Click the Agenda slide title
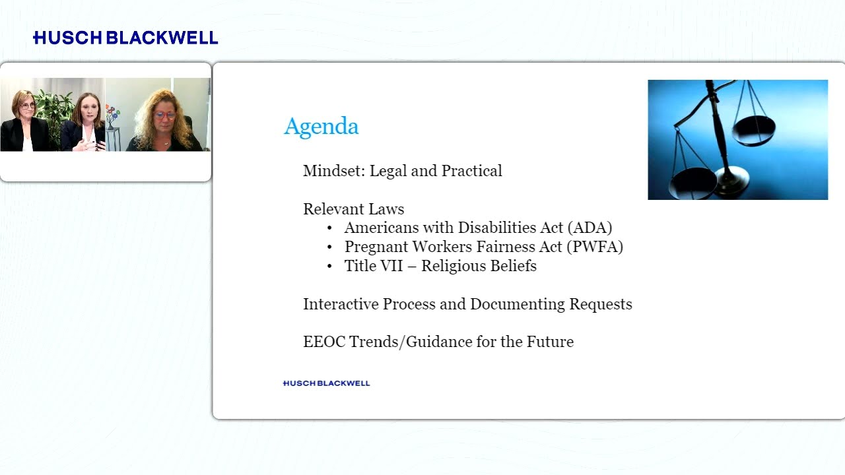click(x=321, y=126)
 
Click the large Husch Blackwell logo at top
click(x=125, y=38)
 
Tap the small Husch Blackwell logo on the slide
click(x=326, y=383)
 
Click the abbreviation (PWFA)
click(x=595, y=247)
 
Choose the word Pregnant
click(x=376, y=247)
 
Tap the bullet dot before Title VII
click(x=329, y=267)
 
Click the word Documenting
click(x=517, y=305)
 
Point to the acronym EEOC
click(x=324, y=342)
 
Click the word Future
click(x=550, y=342)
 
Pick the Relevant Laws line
click(x=353, y=209)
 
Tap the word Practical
click(x=472, y=171)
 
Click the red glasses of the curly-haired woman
click(x=164, y=115)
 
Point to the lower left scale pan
click(x=693, y=183)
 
